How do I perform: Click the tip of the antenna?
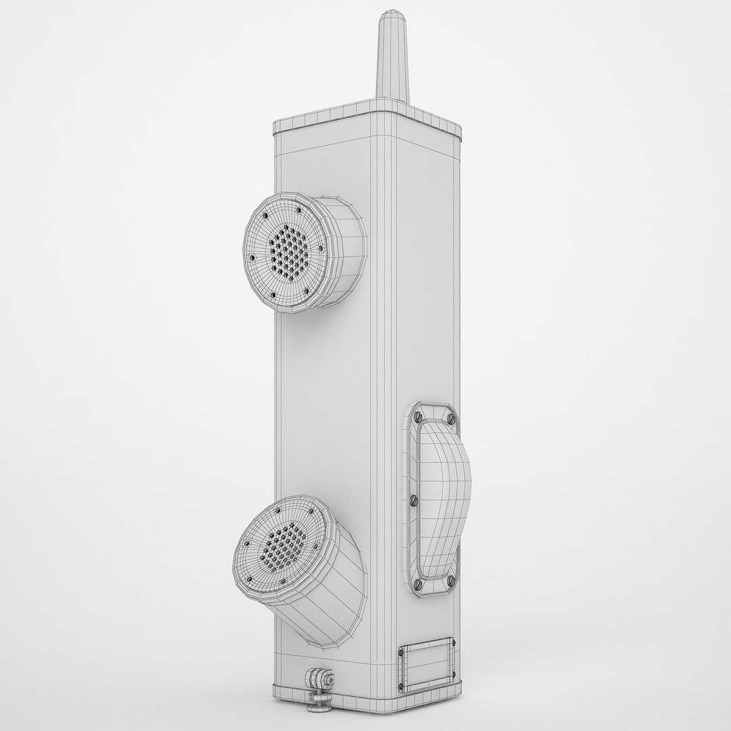click(x=391, y=15)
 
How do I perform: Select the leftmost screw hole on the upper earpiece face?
click(x=252, y=258)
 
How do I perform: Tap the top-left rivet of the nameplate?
click(x=402, y=651)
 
